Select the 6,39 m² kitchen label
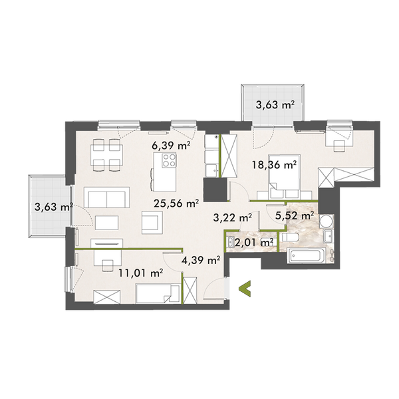163,144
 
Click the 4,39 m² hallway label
200,260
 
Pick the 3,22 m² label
231,217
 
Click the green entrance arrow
245,288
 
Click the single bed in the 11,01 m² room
157,293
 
